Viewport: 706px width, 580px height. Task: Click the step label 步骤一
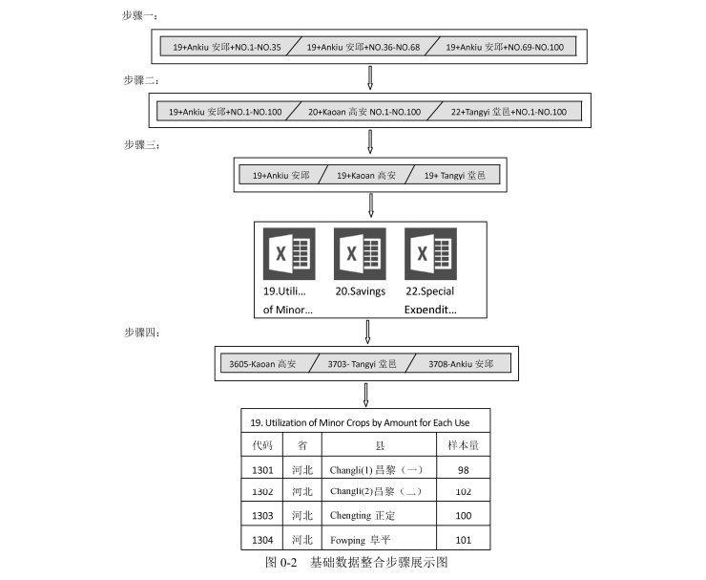140,16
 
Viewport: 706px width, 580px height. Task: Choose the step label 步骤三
140,144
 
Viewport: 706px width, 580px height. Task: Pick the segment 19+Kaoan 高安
363,176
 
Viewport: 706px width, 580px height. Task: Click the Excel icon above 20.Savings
360,253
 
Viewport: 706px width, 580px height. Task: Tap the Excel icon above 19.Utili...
289,253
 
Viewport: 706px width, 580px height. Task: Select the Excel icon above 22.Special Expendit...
430,253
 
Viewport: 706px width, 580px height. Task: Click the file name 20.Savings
360,290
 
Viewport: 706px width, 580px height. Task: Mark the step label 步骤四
140,333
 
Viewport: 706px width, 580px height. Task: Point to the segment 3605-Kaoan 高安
263,364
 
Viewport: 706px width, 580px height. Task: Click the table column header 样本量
462,445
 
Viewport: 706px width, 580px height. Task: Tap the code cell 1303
262,516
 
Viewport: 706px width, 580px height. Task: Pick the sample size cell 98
463,470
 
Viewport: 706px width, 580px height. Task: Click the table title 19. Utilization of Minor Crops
359,421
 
